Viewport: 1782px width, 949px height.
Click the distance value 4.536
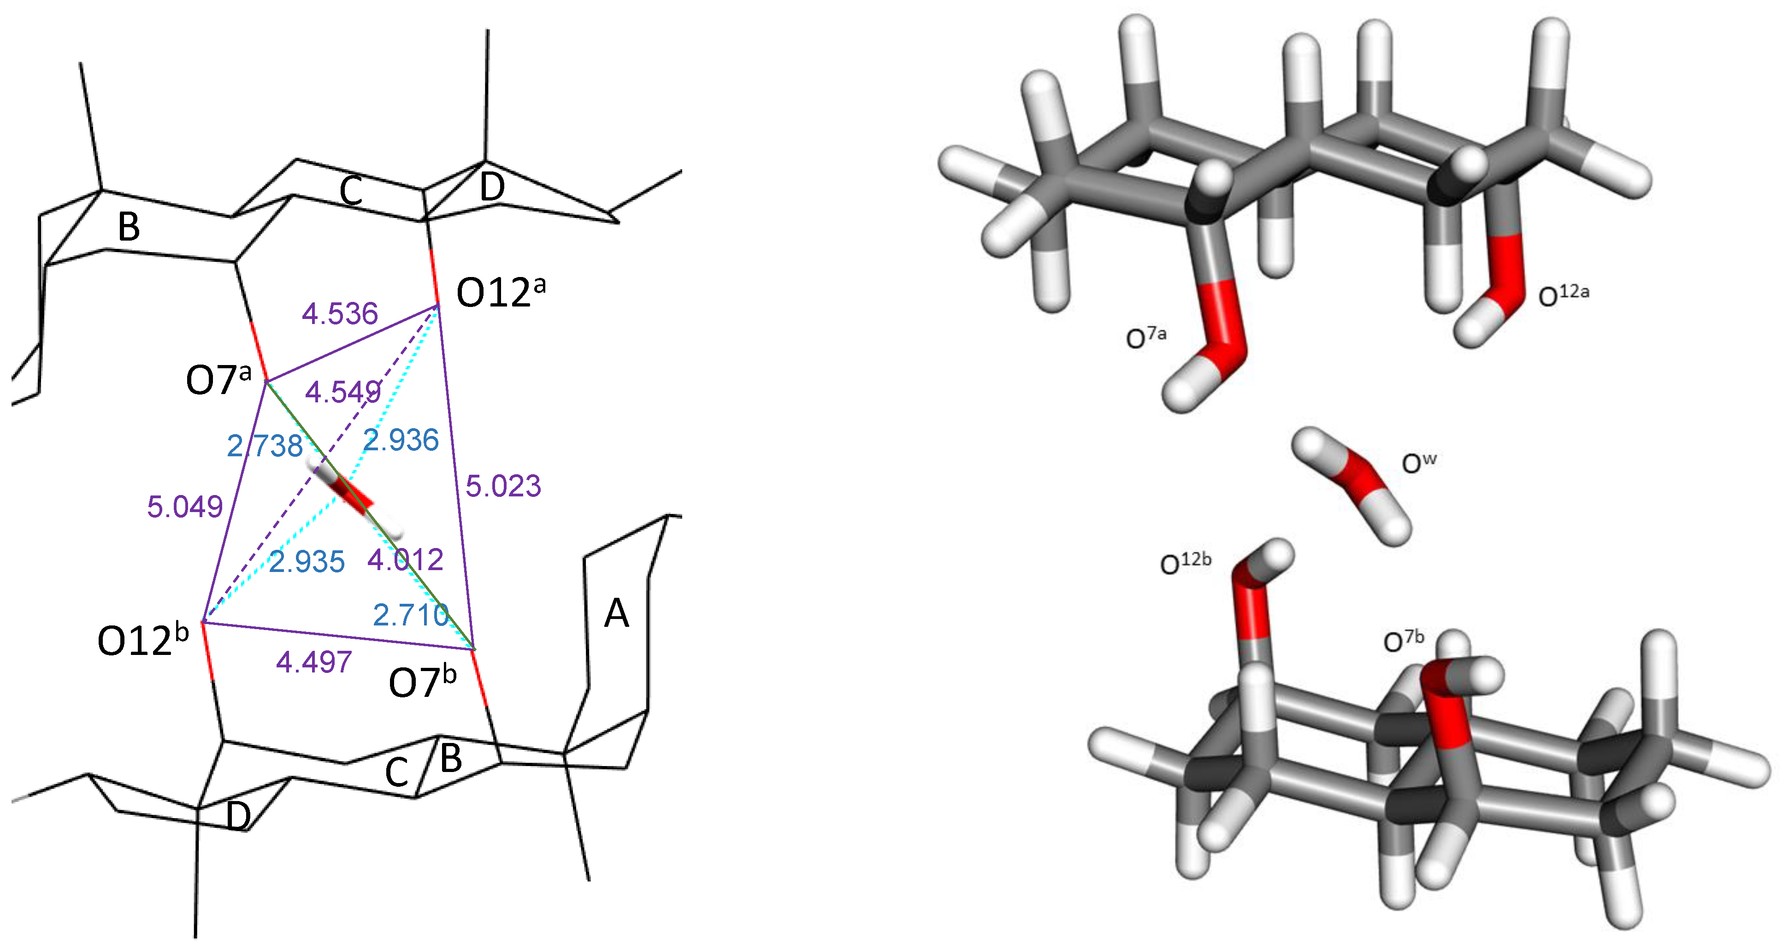[x=340, y=314]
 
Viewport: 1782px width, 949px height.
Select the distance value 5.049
[x=185, y=507]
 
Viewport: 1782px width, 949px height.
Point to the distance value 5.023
[x=503, y=486]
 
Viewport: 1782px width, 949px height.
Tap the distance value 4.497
[x=314, y=663]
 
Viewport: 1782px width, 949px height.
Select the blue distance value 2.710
[x=411, y=615]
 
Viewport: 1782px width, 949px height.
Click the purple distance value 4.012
[x=405, y=560]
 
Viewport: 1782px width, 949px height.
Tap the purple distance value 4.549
[x=343, y=392]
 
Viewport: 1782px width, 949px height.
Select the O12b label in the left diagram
[x=142, y=640]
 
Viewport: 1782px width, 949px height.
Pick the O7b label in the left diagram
[x=422, y=682]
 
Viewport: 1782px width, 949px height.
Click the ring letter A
[x=616, y=613]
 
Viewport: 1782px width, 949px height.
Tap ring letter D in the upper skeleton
[x=492, y=187]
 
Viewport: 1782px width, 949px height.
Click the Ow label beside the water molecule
[x=1418, y=463]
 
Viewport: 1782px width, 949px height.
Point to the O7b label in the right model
[x=1403, y=641]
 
